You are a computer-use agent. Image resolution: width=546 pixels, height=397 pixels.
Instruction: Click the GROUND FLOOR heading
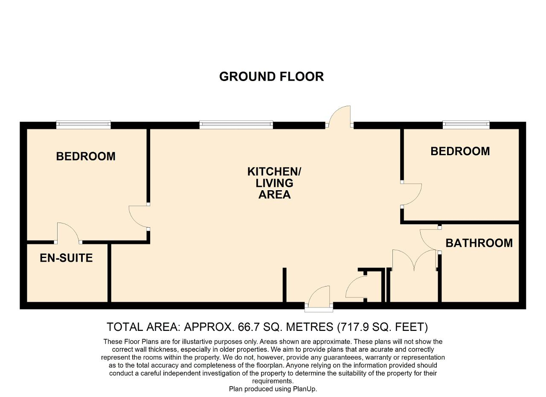pos(272,76)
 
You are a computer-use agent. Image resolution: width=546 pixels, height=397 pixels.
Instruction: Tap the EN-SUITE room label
pos(66,258)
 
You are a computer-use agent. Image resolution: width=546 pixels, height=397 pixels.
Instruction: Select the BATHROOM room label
pos(479,243)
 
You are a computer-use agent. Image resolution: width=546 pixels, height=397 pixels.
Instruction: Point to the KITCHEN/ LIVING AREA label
pos(274,183)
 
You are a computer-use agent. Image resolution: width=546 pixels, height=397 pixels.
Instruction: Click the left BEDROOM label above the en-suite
pos(86,156)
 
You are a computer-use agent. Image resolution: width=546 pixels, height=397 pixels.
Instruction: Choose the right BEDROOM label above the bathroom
pos(460,151)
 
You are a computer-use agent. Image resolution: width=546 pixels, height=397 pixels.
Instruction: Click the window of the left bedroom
pos(84,125)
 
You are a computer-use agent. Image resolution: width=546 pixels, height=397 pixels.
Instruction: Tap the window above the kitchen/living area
pos(236,125)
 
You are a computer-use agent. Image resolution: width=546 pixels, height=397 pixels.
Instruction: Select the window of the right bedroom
pos(466,125)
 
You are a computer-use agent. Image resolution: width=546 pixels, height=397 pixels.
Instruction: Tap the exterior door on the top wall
pos(340,117)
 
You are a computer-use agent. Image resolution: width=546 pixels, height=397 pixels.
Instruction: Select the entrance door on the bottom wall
pos(319,299)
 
